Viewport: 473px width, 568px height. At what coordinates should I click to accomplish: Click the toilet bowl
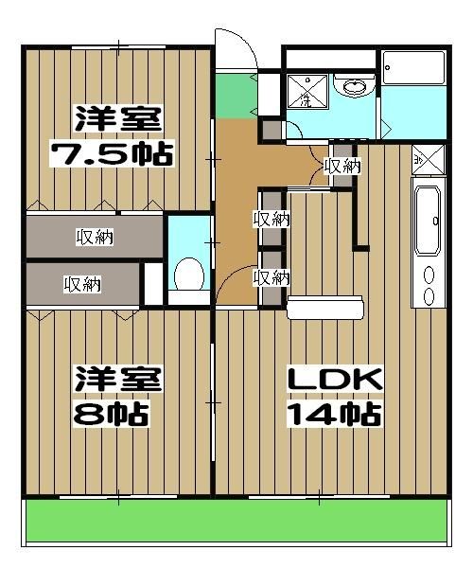point(189,275)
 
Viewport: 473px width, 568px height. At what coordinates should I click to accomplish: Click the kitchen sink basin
point(429,221)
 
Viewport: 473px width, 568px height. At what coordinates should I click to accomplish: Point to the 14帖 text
point(335,414)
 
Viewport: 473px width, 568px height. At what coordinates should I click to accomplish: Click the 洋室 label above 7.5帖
point(119,120)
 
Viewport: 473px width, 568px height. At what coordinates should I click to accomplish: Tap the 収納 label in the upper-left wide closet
point(95,238)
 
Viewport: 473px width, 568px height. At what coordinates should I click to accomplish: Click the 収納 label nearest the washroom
point(342,166)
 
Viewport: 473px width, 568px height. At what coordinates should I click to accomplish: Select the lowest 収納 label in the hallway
point(272,277)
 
